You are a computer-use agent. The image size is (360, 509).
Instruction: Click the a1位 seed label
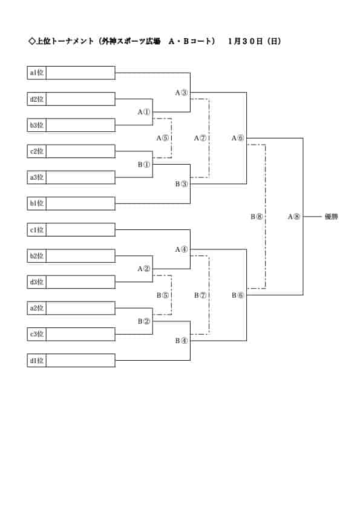pos(37,73)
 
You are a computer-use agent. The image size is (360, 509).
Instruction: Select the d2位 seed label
pos(37,99)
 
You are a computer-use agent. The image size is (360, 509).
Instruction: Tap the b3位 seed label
pos(37,125)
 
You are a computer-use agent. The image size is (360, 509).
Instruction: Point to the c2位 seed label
pos(37,151)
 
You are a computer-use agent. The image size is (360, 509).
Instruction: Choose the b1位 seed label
pos(37,203)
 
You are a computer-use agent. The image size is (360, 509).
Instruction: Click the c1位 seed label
pos(37,230)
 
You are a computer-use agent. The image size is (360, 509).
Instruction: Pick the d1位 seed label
pos(37,360)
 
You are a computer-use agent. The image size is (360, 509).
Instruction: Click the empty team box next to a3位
pos(81,177)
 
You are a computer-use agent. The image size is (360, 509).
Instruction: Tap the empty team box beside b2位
pos(81,256)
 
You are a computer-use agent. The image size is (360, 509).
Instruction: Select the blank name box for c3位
pos(81,334)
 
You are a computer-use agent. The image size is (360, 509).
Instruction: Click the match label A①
pos(144,112)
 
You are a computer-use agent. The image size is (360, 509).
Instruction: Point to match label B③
pos(182,184)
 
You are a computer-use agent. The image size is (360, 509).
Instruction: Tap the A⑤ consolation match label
pos(163,138)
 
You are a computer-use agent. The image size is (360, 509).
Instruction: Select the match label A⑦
pos(200,138)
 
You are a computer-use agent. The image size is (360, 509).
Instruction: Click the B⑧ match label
pos(257,217)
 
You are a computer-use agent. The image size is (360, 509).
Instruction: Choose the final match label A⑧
pos(294,217)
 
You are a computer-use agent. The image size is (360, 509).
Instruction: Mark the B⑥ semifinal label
pos(238,295)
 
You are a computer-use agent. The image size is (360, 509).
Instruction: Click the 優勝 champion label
pos(331,217)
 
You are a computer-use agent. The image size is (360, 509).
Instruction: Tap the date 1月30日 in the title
pos(246,41)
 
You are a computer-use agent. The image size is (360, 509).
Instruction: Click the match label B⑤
pos(163,295)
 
